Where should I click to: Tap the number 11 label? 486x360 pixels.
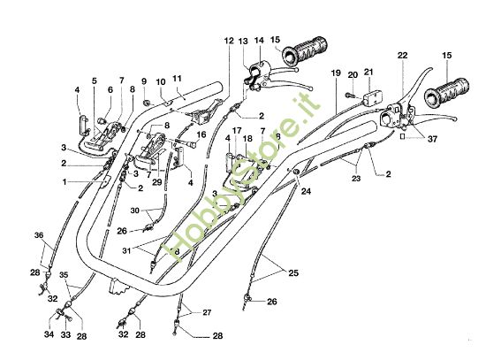pyautogui.click(x=177, y=78)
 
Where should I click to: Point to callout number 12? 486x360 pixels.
pyautogui.click(x=229, y=41)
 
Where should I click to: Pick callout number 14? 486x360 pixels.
pyautogui.click(x=259, y=41)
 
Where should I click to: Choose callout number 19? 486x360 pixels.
pyautogui.click(x=336, y=72)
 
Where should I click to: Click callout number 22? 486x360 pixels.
pyautogui.click(x=403, y=56)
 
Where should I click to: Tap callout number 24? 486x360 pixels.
pyautogui.click(x=305, y=190)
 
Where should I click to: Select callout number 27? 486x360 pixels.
pyautogui.click(x=206, y=312)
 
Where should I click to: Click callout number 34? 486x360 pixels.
pyautogui.click(x=49, y=335)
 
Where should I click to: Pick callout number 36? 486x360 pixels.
pyautogui.click(x=38, y=234)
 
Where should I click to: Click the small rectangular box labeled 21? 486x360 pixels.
pyautogui.click(x=368, y=94)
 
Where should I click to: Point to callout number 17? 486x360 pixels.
pyautogui.click(x=236, y=129)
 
